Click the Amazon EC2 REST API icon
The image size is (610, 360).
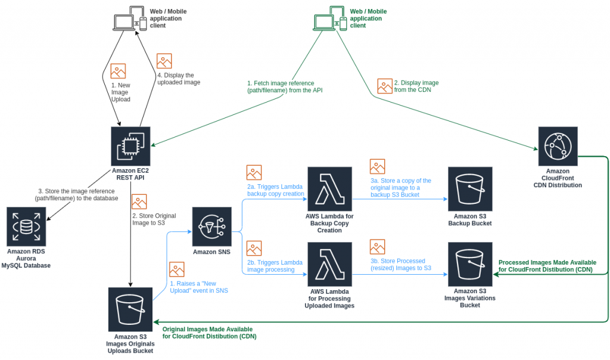point(130,145)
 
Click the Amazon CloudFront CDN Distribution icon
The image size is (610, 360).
point(558,146)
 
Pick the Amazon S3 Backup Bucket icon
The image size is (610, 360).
point(469,188)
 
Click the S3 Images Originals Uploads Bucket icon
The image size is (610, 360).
point(130,309)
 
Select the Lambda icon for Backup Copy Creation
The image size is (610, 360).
point(329,188)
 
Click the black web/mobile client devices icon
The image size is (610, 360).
point(130,19)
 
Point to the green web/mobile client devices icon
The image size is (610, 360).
point(330,19)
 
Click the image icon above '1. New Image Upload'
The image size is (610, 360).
point(118,71)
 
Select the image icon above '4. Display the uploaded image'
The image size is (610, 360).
point(164,61)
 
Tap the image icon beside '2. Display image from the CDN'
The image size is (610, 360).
point(385,86)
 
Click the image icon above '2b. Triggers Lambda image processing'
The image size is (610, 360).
point(254,248)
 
